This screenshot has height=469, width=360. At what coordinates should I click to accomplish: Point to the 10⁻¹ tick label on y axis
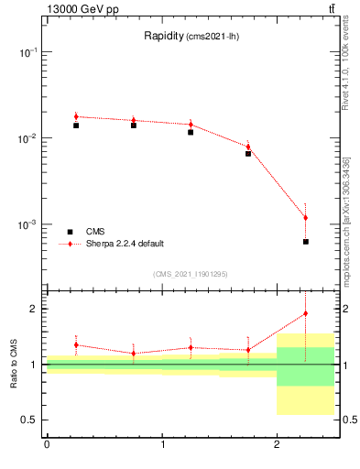tap(28, 53)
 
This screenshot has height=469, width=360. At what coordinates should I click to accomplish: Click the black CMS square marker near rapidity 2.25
tap(305, 242)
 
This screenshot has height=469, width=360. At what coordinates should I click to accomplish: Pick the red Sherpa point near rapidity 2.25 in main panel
tap(305, 218)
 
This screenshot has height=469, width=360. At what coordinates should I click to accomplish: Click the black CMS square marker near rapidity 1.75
tap(248, 154)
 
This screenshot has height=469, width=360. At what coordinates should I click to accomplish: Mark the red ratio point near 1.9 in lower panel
tap(305, 313)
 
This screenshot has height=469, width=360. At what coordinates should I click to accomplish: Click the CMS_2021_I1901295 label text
tap(191, 274)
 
